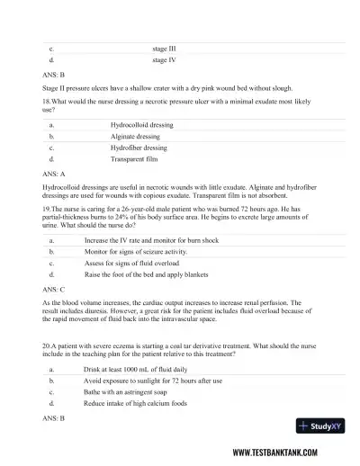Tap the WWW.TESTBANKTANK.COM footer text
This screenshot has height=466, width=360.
pyautogui.click(x=285, y=452)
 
